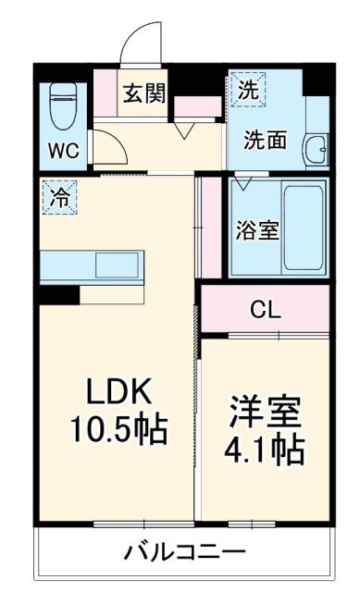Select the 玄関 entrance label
coord(144,92)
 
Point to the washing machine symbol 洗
coord(248,91)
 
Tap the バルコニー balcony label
coord(185,553)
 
